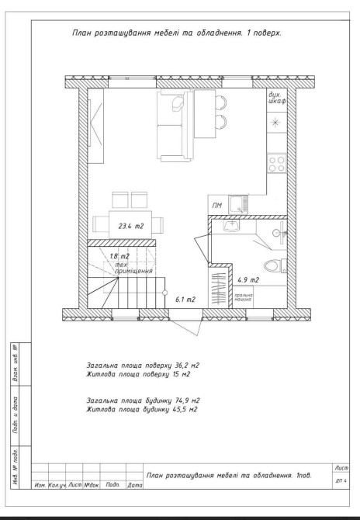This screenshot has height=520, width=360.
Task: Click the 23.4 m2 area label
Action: click(131, 227)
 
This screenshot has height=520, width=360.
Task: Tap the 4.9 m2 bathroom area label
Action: click(248, 280)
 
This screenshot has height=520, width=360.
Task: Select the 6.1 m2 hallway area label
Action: click(185, 300)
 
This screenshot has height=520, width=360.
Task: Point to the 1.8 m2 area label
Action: click(119, 256)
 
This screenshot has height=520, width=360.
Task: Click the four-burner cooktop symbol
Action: click(277, 164)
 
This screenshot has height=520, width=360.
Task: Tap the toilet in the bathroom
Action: click(272, 265)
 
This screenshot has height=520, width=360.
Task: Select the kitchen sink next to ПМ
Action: click(238, 204)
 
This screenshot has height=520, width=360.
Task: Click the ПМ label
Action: click(216, 206)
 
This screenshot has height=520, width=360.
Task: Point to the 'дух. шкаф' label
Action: click(277, 98)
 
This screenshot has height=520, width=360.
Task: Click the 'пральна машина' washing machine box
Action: click(243, 297)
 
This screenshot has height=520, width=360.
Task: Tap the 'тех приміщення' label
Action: click(133, 268)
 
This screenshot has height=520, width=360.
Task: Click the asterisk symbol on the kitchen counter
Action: click(275, 123)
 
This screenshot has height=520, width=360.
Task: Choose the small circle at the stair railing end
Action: click(164, 293)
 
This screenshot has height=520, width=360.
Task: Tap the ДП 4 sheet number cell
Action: click(341, 481)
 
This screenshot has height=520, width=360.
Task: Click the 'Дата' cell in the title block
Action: click(134, 485)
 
